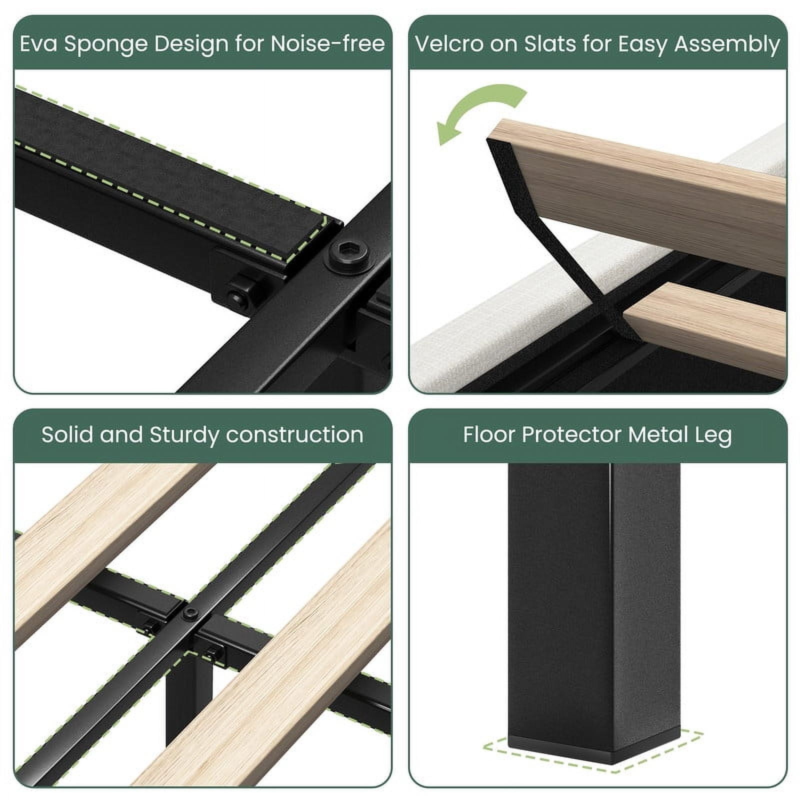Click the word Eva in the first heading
click(38, 43)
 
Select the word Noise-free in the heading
click(328, 43)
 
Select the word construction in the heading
click(294, 435)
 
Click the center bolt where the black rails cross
click(190, 613)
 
